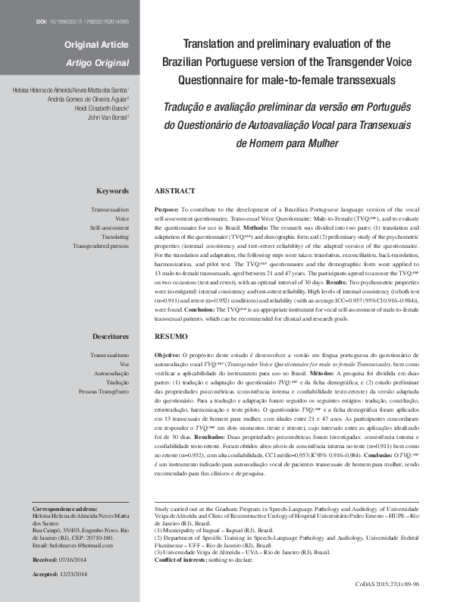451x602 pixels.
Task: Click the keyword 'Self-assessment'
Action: (109, 227)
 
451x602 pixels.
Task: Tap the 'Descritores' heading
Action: (109, 335)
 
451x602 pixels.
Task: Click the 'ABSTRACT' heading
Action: (174, 191)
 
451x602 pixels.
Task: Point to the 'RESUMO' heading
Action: (171, 335)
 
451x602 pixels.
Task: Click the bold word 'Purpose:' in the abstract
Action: (166, 208)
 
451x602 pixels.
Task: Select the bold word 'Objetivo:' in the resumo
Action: (168, 354)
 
